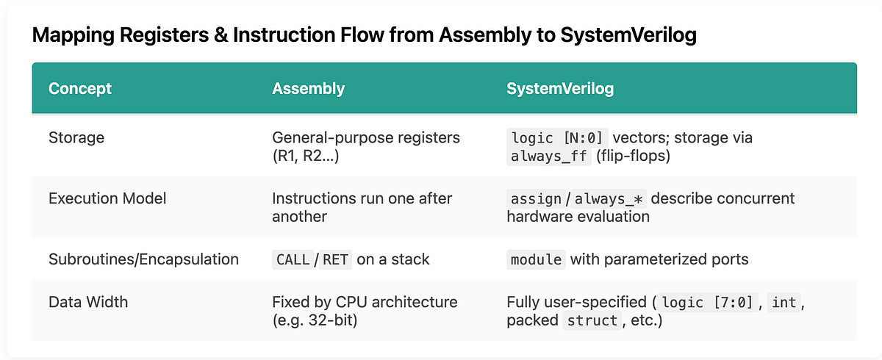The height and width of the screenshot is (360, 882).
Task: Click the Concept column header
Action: click(80, 89)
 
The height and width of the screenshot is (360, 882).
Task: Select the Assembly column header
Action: click(308, 89)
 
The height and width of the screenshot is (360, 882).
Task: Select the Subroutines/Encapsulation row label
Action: click(143, 259)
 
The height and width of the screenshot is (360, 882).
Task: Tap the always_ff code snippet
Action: click(545, 156)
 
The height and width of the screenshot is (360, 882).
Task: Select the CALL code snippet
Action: click(293, 259)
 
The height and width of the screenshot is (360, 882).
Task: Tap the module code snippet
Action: click(536, 259)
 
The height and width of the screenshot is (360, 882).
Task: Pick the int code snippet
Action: click(784, 302)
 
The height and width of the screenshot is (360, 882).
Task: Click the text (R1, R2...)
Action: click(306, 156)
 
